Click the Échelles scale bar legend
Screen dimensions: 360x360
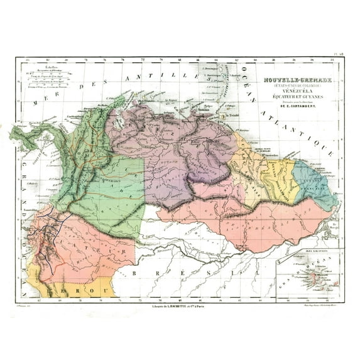(49, 78)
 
